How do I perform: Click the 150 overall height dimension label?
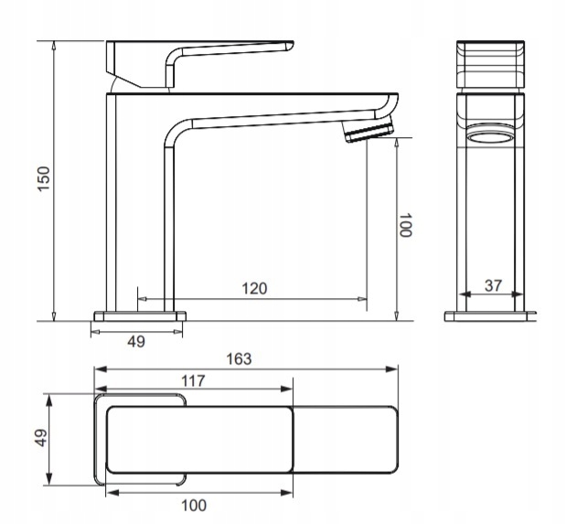pyautogui.click(x=44, y=178)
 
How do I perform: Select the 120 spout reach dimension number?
pyautogui.click(x=254, y=289)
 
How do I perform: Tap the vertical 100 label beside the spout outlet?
pyautogui.click(x=405, y=225)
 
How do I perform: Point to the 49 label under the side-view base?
pyautogui.click(x=136, y=341)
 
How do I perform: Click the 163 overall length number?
pyautogui.click(x=239, y=359)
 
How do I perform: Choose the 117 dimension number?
pyautogui.click(x=193, y=380)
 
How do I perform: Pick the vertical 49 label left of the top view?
pyautogui.click(x=42, y=438)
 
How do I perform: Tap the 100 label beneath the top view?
pyautogui.click(x=194, y=506)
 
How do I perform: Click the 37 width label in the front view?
pyautogui.click(x=493, y=285)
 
